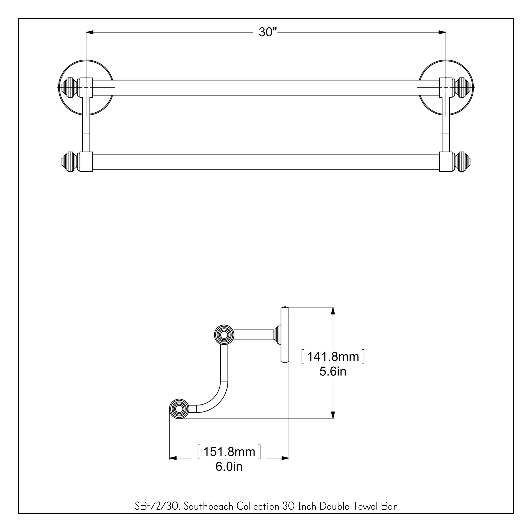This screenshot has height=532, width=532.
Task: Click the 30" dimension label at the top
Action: (x=267, y=32)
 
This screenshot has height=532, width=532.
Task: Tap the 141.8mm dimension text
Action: (x=333, y=357)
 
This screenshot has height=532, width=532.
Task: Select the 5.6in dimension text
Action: (x=333, y=372)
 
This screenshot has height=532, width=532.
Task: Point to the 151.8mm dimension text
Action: (x=229, y=452)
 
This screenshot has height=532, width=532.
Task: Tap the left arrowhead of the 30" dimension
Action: (x=90, y=32)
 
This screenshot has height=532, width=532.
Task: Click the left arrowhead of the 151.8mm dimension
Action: (x=173, y=458)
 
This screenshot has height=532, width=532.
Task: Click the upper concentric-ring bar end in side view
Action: (x=224, y=335)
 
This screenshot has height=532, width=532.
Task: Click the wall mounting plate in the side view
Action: (x=285, y=335)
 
